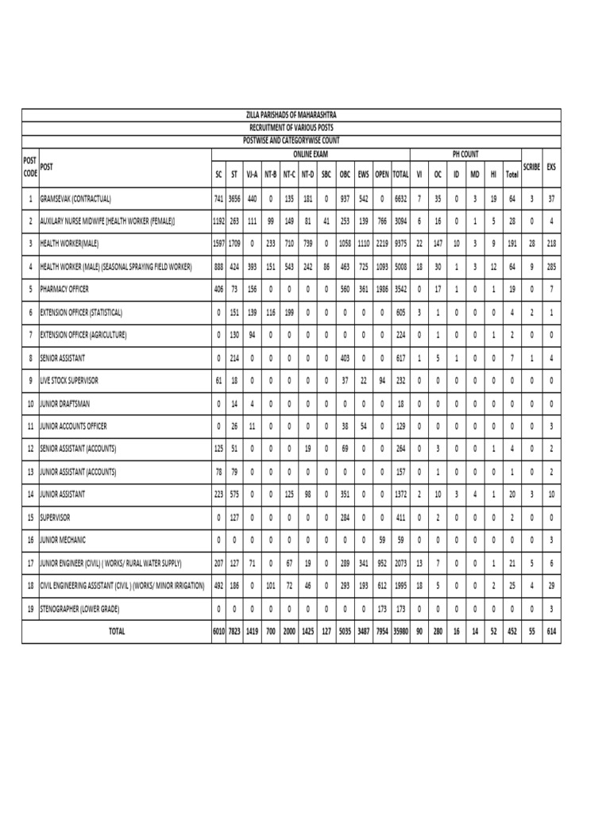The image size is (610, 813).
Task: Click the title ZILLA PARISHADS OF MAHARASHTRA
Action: coord(291,116)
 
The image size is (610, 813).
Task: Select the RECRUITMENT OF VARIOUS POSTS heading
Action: coord(291,127)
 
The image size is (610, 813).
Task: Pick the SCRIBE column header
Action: coord(532,166)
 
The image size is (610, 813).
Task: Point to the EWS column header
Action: coord(363,172)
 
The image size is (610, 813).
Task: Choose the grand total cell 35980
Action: coord(400,632)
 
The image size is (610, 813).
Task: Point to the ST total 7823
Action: coord(234,632)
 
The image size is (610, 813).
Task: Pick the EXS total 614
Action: coord(551,632)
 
